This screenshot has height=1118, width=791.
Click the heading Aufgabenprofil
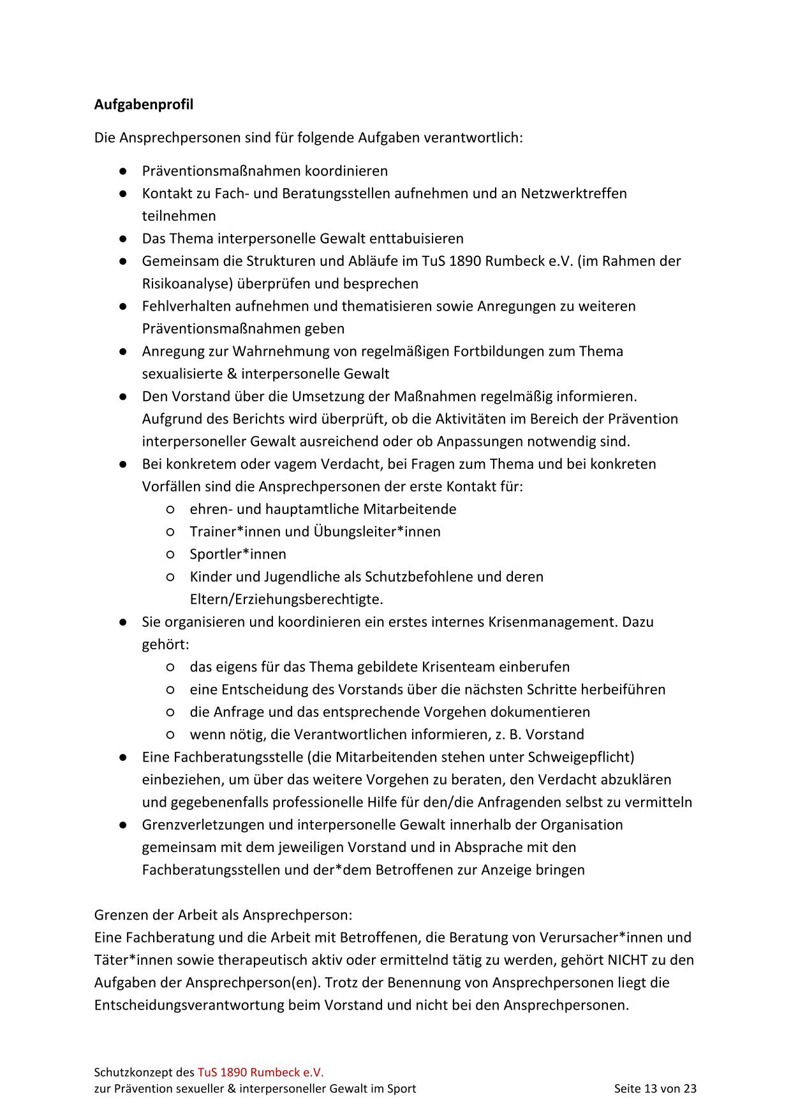[x=144, y=104]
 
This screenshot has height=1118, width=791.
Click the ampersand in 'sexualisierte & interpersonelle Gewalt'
[x=232, y=374]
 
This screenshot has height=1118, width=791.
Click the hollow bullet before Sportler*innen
[x=170, y=554]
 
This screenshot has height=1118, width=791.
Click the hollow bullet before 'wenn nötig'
[x=170, y=735]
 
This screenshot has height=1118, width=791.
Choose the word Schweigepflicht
[x=579, y=757]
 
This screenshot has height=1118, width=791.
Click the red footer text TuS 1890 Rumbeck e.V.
[x=260, y=1072]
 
